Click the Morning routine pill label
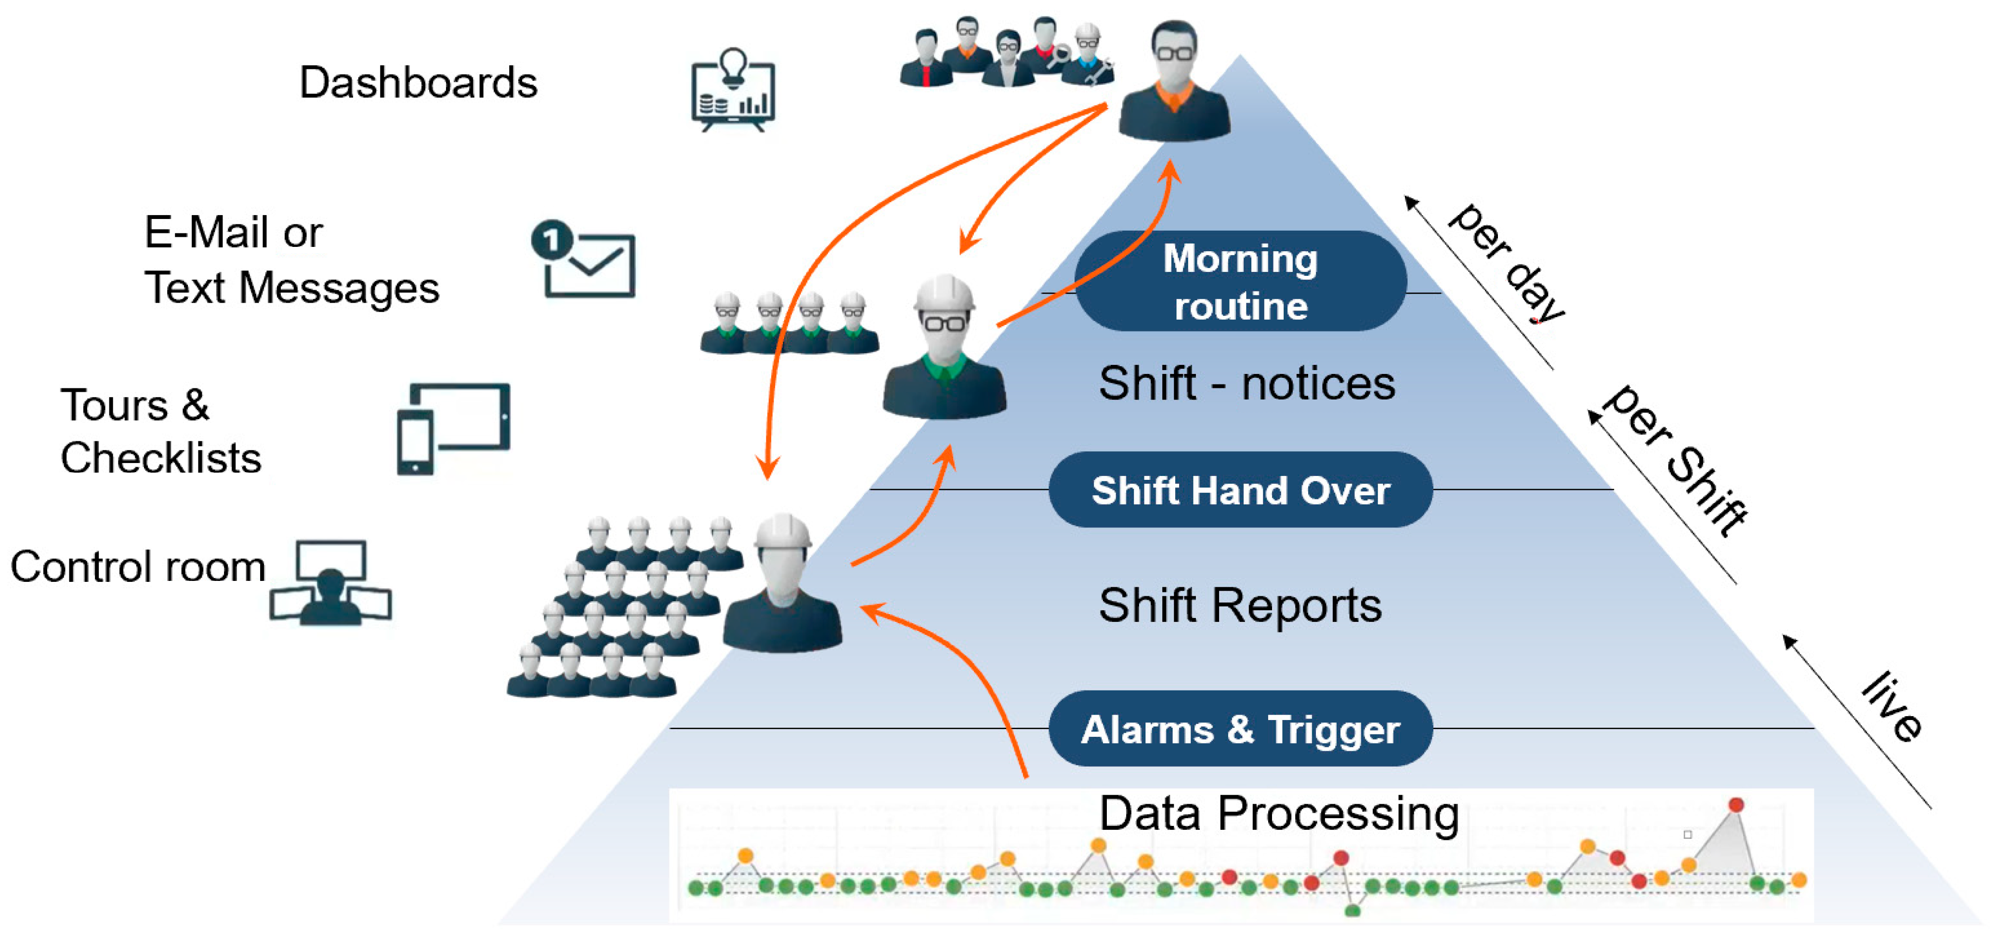1240,281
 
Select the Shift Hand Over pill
1240,490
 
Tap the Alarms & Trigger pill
1240,729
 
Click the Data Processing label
1279,813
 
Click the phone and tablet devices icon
454,428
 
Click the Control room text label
138,566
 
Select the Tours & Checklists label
160,431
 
